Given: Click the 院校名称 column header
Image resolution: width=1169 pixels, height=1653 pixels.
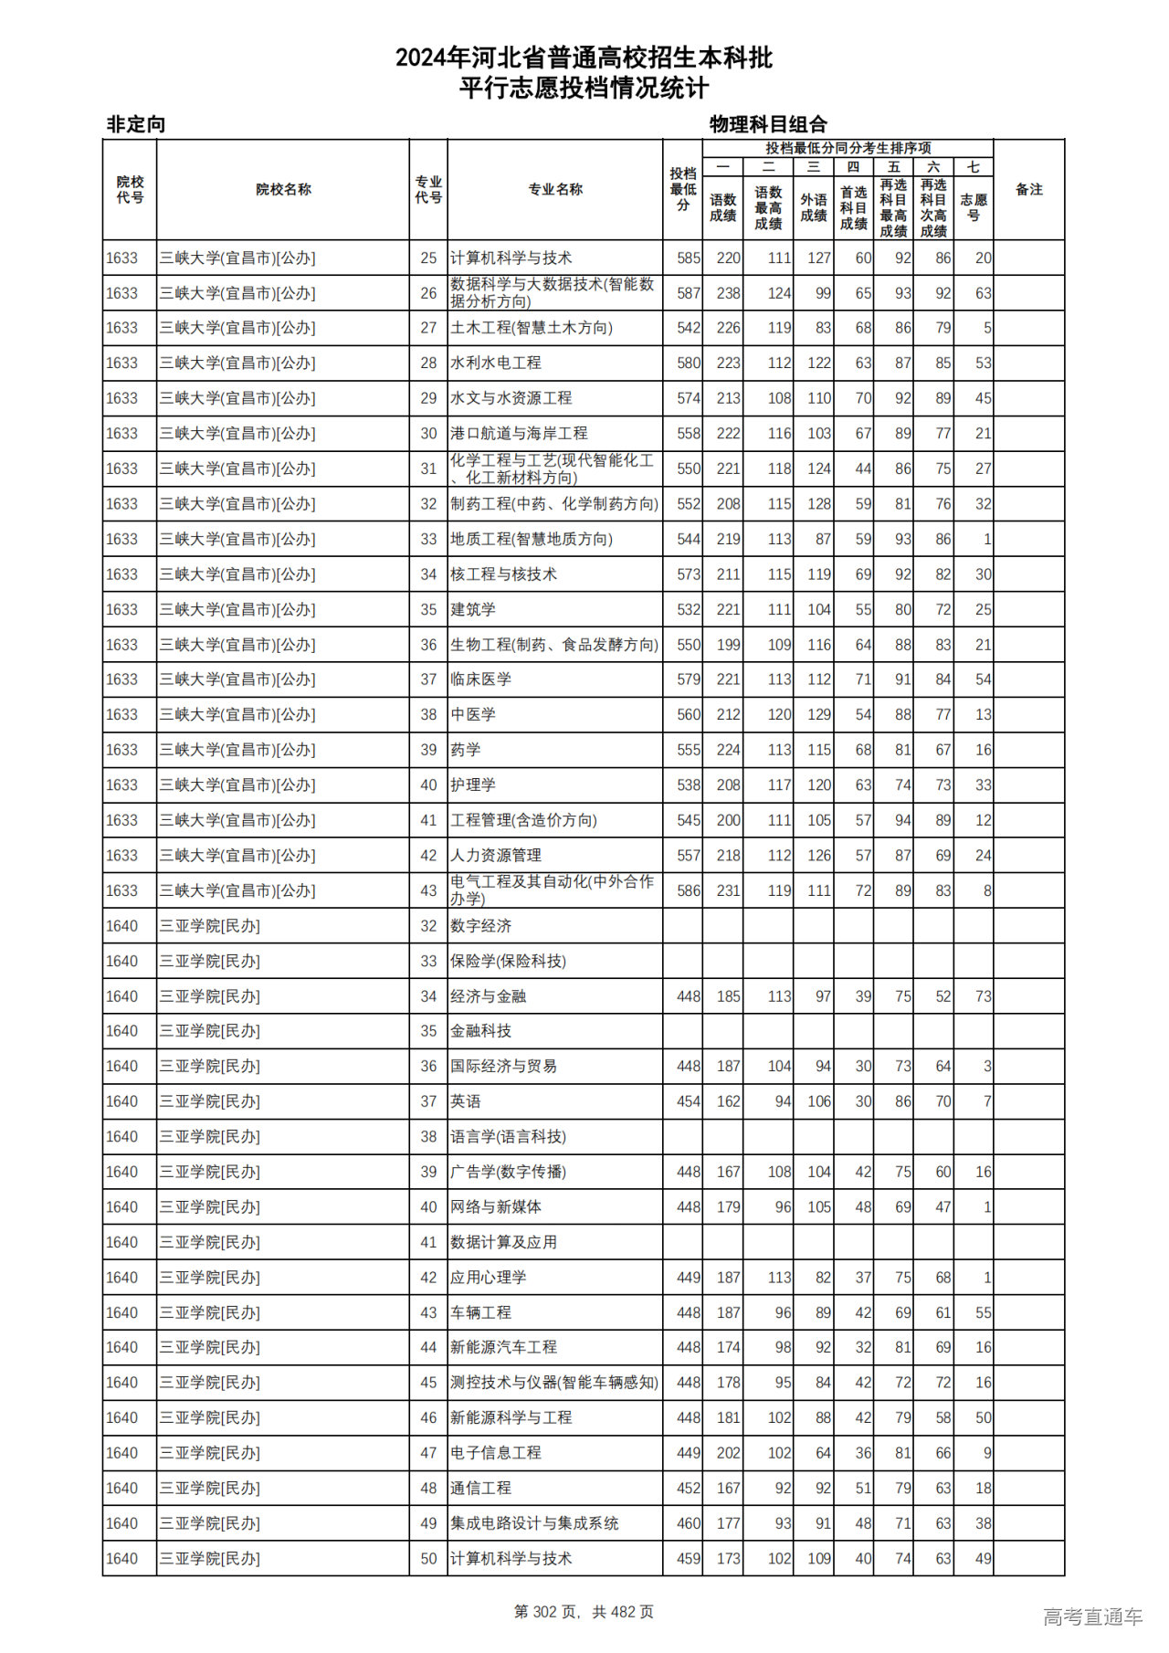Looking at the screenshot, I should pyautogui.click(x=283, y=190).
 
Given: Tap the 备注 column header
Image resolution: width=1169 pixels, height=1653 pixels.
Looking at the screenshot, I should pyautogui.click(x=1028, y=190).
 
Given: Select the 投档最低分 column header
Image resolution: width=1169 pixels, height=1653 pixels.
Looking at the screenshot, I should pyautogui.click(x=682, y=189).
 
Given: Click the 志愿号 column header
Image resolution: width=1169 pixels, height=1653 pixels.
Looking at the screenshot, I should pyautogui.click(x=973, y=207).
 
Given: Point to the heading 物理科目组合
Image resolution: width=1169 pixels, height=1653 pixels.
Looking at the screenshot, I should pyautogui.click(x=768, y=124).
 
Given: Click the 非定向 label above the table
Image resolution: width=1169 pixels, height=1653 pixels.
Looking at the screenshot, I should pyautogui.click(x=136, y=124).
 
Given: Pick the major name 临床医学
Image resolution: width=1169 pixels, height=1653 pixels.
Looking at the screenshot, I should pyautogui.click(x=480, y=679).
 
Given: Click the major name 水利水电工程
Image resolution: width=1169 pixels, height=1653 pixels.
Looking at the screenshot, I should pyautogui.click(x=495, y=363).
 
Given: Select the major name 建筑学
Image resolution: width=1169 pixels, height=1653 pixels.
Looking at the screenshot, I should pyautogui.click(x=472, y=610).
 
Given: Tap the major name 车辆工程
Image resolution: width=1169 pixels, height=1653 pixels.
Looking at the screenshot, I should pyautogui.click(x=480, y=1312).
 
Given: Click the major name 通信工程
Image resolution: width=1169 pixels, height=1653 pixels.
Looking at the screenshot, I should pyautogui.click(x=480, y=1489).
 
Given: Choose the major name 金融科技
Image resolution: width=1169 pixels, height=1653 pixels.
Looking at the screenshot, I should pyautogui.click(x=480, y=1031).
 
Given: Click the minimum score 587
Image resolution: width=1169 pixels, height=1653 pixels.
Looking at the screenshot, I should pyautogui.click(x=688, y=294).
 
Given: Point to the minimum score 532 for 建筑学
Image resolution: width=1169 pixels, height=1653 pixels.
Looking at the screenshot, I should pyautogui.click(x=688, y=610).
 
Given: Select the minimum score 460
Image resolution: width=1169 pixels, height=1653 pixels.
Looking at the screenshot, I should pyautogui.click(x=688, y=1523).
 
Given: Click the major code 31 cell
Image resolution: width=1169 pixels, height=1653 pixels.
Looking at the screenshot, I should pyautogui.click(x=428, y=469).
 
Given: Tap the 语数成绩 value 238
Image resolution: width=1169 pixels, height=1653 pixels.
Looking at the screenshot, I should pyautogui.click(x=728, y=294).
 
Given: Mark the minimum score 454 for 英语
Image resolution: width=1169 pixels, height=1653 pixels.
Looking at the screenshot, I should pyautogui.click(x=688, y=1101).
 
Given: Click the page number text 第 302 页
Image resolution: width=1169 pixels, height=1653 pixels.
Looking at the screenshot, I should pyautogui.click(x=547, y=1612).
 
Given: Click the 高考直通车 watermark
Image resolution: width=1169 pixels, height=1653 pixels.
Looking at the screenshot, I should pyautogui.click(x=1092, y=1616).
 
